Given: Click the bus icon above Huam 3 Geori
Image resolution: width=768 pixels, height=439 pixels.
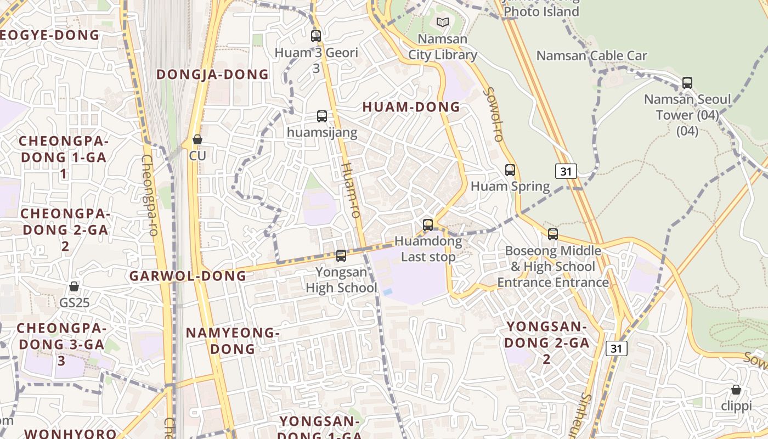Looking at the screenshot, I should point(315,36).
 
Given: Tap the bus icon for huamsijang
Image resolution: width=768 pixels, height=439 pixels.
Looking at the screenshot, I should point(322,116).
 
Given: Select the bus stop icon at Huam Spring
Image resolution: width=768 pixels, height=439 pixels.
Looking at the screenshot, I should point(510,170).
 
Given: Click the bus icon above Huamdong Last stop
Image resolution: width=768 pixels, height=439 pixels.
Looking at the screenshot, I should point(428,225).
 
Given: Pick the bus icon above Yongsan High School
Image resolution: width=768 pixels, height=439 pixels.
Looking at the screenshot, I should point(341,255).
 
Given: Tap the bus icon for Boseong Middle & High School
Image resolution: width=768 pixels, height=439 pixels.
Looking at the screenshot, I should point(553,234).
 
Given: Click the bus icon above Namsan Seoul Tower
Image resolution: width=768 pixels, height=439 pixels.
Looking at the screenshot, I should point(687,83).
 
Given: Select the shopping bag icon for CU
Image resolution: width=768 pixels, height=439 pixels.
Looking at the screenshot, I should point(197,139).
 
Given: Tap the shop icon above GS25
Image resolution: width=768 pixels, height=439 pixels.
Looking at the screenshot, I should point(74,286).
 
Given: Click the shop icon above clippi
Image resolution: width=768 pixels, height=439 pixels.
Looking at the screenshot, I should point(736,390).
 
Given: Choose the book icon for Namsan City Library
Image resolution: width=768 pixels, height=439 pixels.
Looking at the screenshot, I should point(443,22).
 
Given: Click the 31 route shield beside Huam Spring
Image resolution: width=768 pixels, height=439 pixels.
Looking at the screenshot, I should point(566,171).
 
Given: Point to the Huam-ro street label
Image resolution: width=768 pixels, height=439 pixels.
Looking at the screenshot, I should point(351,190).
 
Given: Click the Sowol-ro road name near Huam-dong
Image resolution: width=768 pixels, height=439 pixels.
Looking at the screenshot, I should point(493,114).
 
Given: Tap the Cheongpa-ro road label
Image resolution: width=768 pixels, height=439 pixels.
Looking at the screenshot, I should point(149,195).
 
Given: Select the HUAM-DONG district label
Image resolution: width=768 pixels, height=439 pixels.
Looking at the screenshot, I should point(411,107).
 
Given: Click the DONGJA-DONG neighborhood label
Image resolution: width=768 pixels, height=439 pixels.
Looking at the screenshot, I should point(213,74).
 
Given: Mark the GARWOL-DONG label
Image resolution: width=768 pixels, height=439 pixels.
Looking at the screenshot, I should point(188,275).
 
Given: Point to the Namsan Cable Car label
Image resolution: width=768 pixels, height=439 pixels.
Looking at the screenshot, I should point(591,55).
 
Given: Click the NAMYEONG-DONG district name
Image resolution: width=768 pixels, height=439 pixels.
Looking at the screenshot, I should point(233,340).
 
